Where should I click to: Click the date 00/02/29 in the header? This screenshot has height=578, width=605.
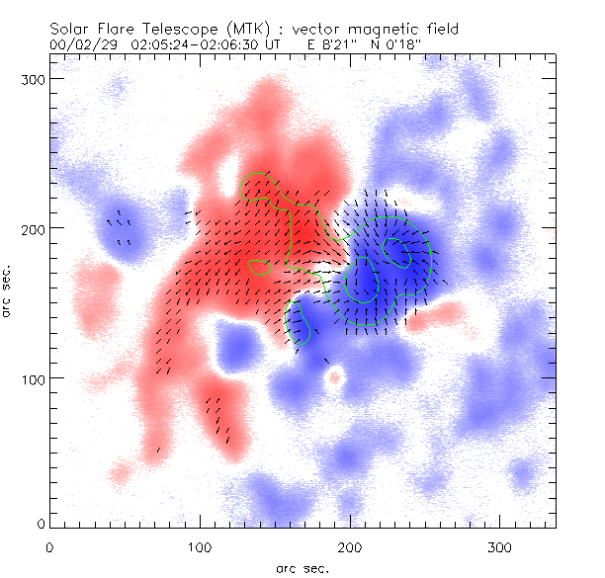(79, 44)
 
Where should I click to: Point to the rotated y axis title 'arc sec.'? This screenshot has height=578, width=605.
(9, 291)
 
